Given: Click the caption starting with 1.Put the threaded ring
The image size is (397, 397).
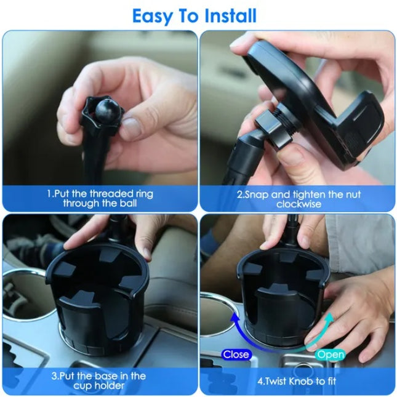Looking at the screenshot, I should (100, 198).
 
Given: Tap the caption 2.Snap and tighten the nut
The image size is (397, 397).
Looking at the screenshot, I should (299, 198).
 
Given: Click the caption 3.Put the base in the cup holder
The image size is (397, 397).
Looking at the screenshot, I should (100, 380).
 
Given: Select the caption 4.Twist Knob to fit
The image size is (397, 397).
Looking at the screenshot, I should (299, 380).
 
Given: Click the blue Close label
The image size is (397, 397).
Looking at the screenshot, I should (236, 354).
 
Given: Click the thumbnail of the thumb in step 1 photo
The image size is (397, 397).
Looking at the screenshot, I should (131, 128).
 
